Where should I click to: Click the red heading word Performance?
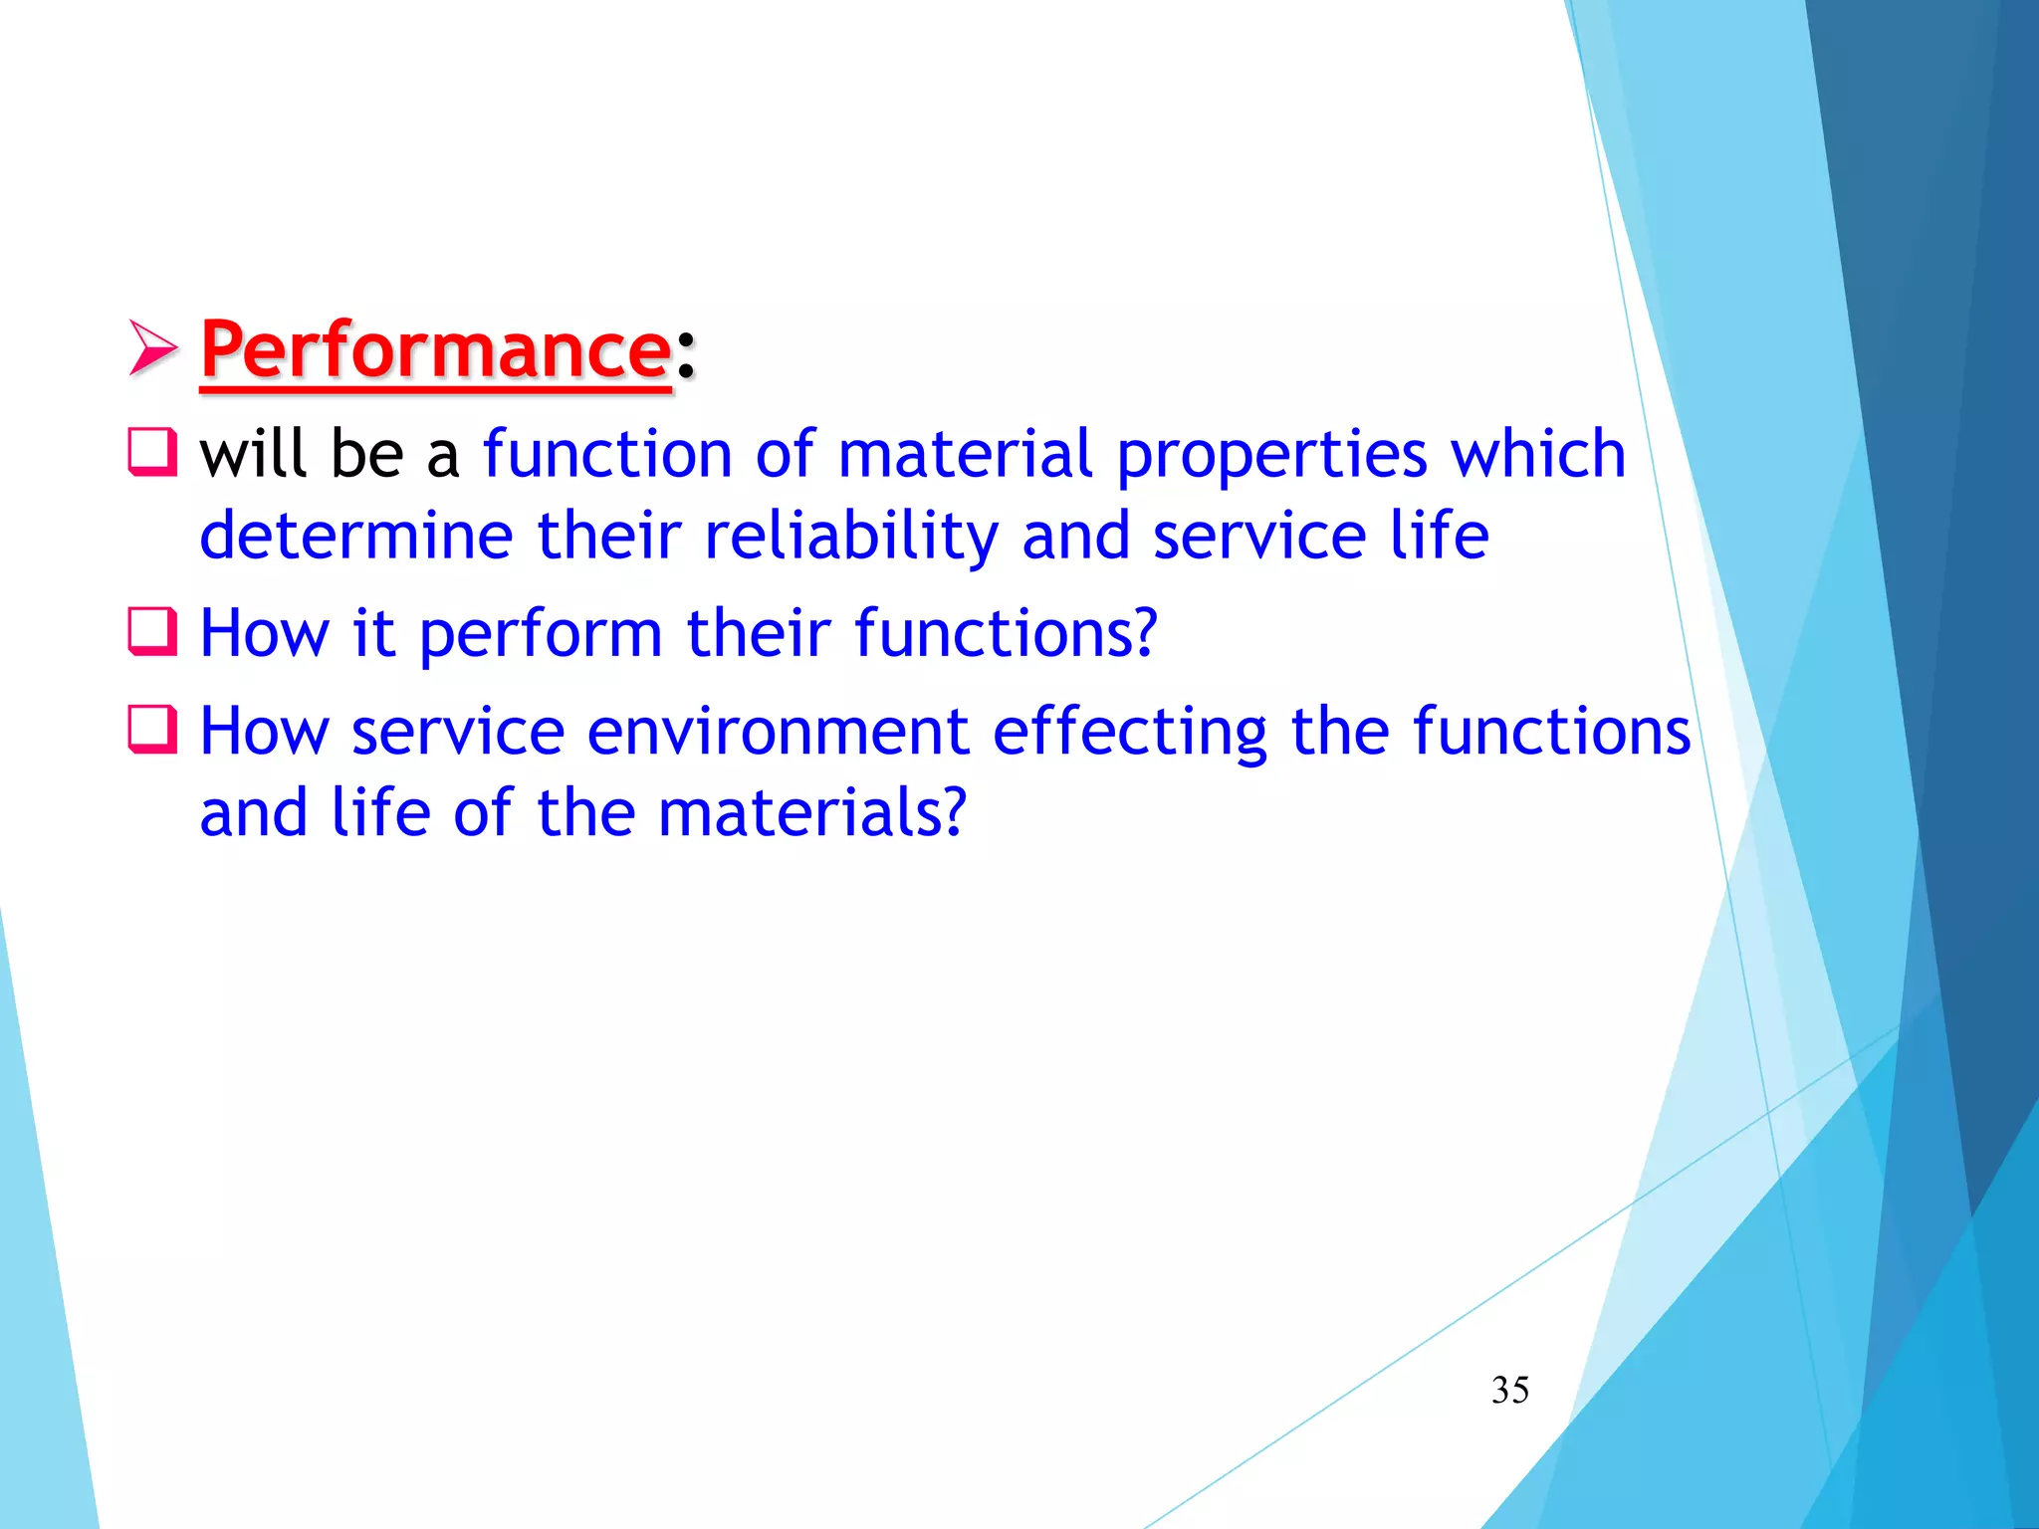(x=436, y=350)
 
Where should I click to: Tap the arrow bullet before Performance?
(x=153, y=348)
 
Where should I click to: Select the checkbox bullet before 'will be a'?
(x=152, y=452)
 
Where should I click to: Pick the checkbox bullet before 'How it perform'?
(x=152, y=631)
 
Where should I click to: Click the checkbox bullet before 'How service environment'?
(x=152, y=730)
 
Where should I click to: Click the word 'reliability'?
(x=851, y=536)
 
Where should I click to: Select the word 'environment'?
(x=778, y=732)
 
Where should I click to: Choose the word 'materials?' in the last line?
(x=812, y=812)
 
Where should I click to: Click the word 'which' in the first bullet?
(x=1537, y=453)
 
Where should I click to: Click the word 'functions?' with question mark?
(x=1006, y=632)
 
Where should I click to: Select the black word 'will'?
(x=253, y=453)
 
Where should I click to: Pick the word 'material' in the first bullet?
(x=965, y=453)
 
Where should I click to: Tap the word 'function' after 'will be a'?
(x=607, y=453)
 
